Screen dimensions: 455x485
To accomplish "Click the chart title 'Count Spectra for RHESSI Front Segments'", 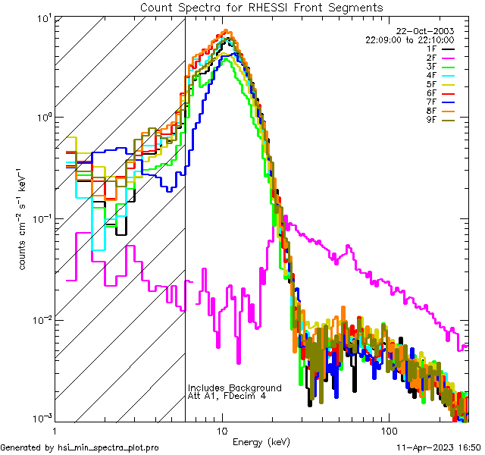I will (x=261, y=7).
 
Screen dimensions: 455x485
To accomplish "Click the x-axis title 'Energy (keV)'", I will (x=261, y=442).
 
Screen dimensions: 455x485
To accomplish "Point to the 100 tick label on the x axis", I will (x=388, y=430).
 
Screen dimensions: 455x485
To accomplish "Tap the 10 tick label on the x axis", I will (x=222, y=430).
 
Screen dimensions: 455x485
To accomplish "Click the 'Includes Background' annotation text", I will (x=235, y=388).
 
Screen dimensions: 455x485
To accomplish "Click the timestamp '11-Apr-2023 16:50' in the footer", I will (x=439, y=448).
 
